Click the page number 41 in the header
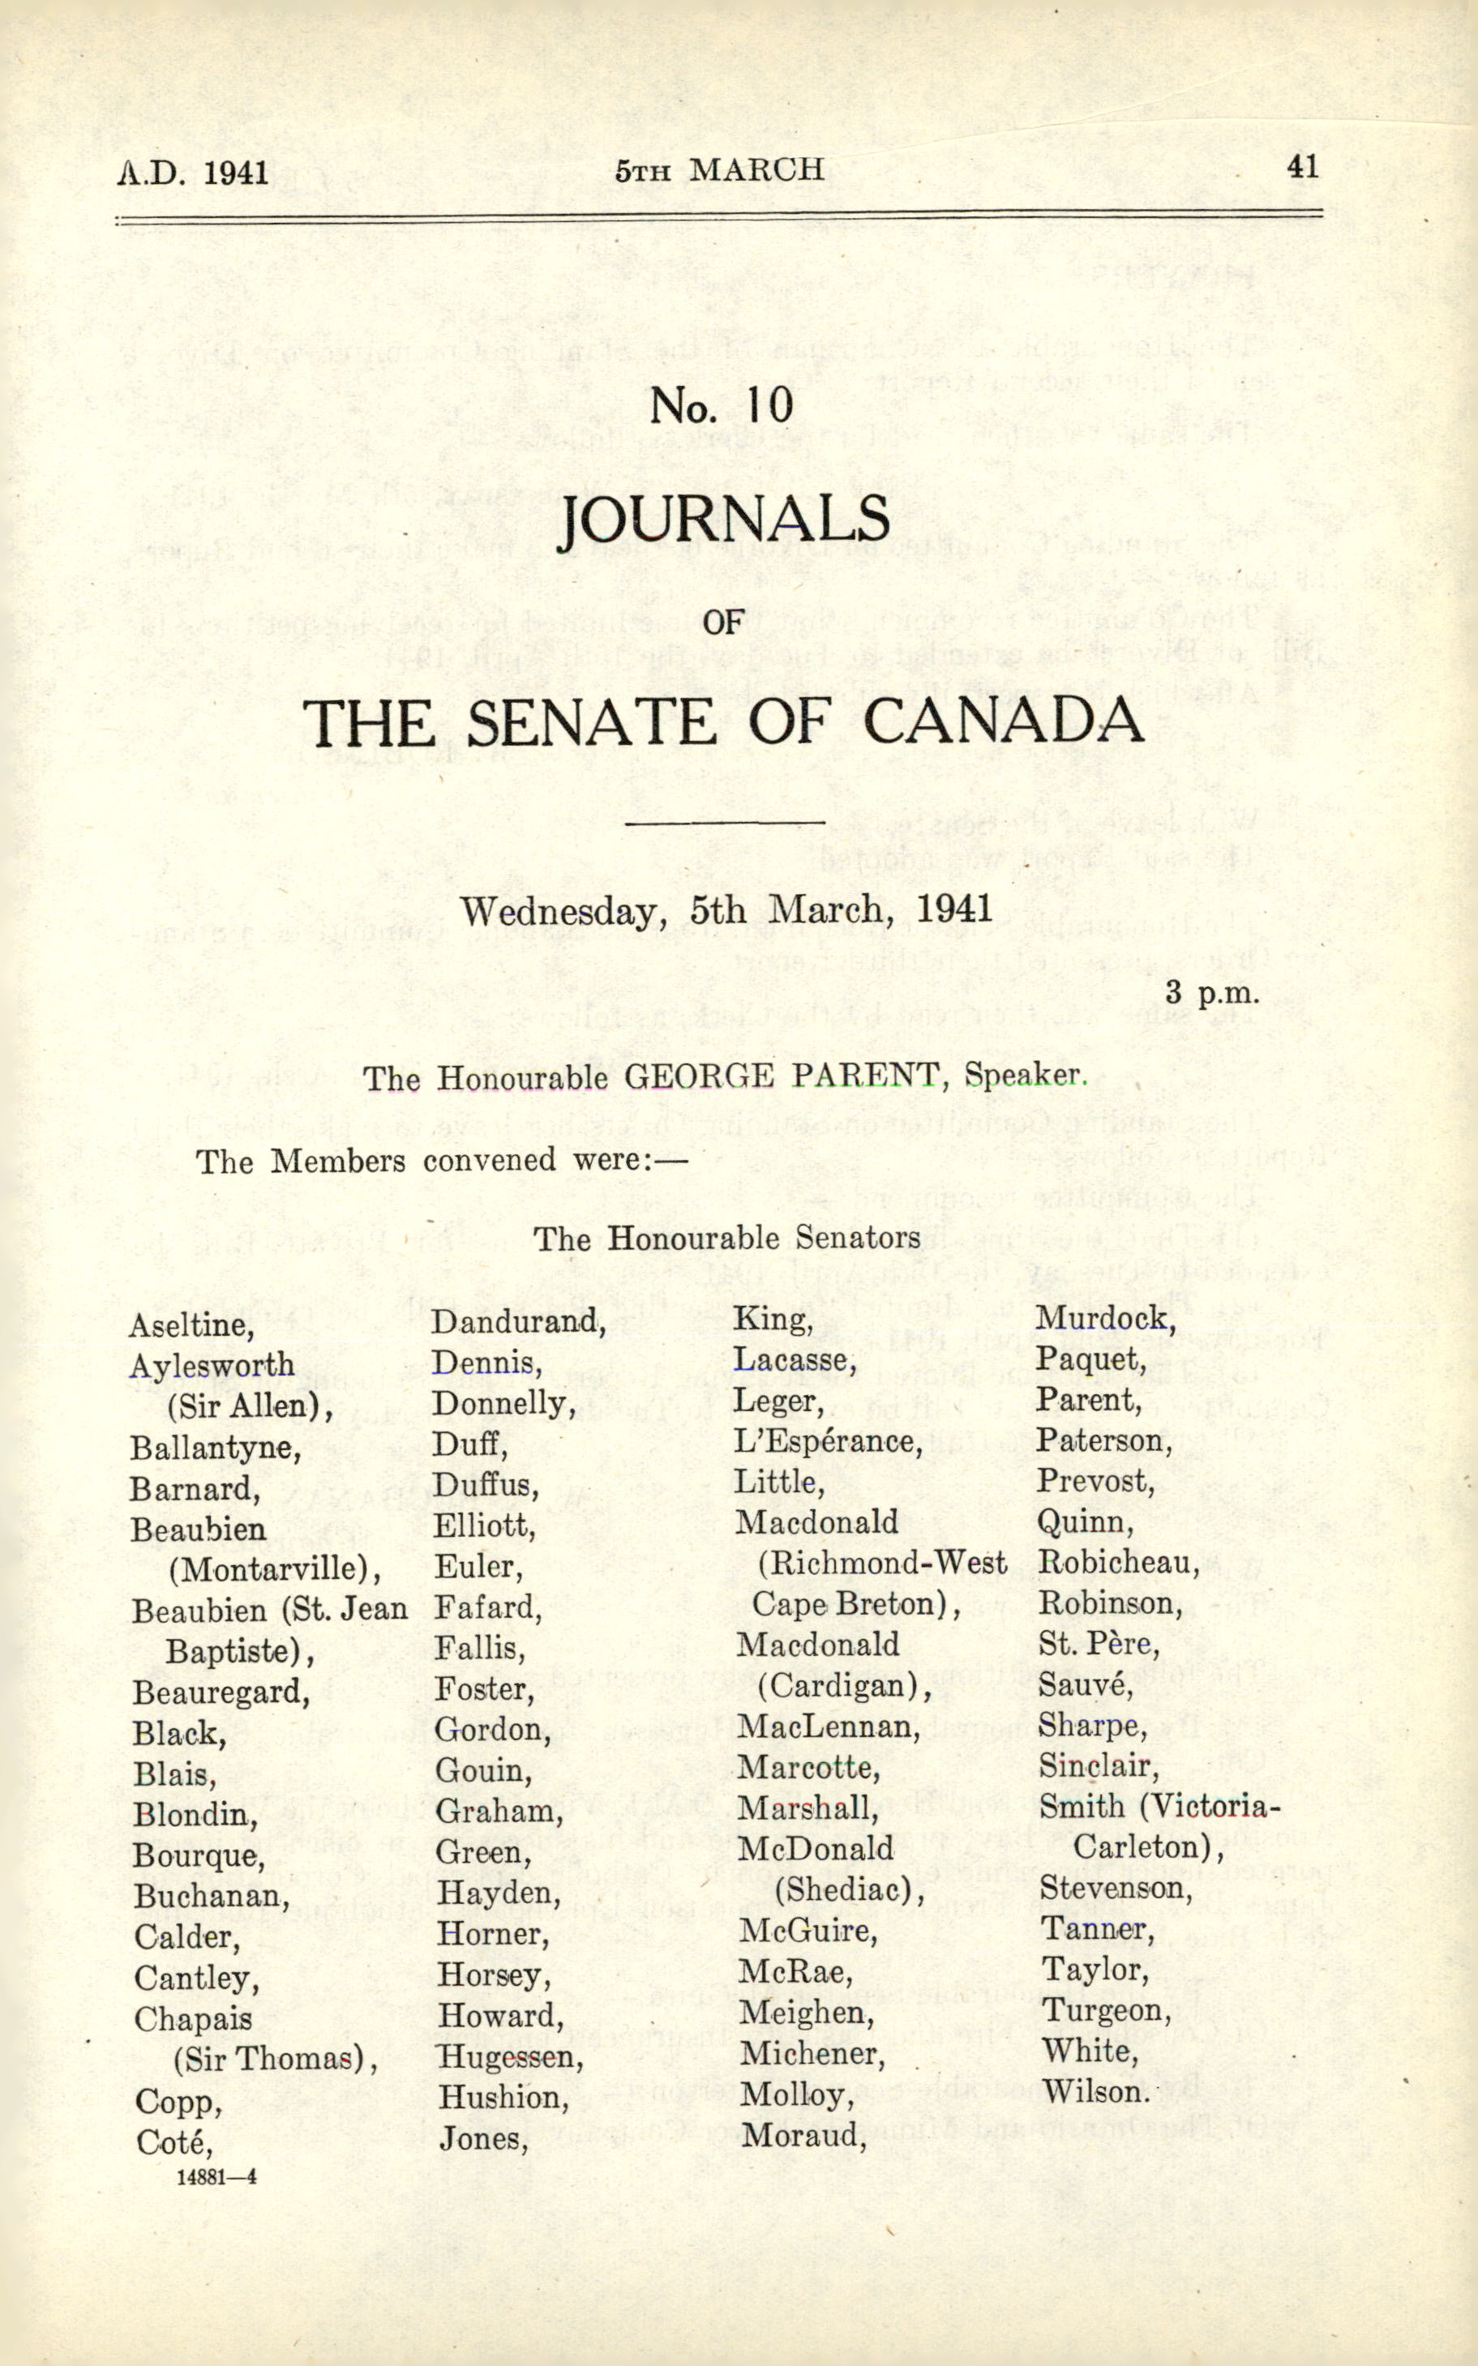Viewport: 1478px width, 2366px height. (1303, 166)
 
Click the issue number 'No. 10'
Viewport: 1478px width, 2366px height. (722, 405)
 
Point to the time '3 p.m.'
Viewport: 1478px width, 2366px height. (1212, 993)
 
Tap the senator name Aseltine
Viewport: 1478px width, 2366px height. (191, 1325)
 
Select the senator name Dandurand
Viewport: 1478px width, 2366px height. (518, 1322)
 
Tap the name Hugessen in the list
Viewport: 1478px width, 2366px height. (510, 2056)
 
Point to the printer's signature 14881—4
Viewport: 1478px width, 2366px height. (217, 2176)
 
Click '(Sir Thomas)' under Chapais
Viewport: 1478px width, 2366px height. (275, 2058)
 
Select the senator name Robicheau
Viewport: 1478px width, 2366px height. (1118, 1563)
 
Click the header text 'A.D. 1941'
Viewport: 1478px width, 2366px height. (193, 173)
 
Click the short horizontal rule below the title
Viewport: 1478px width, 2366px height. (724, 823)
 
